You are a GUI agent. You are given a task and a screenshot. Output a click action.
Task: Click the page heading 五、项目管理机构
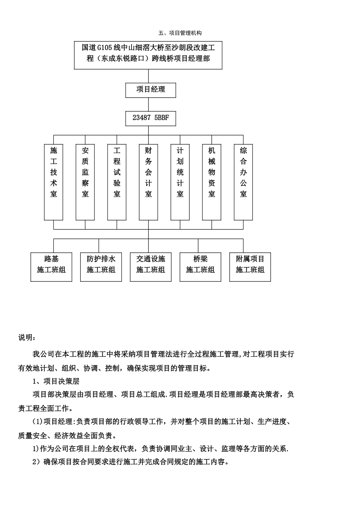pyautogui.click(x=180, y=33)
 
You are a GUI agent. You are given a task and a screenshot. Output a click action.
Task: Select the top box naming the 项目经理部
pyautogui.click(x=148, y=55)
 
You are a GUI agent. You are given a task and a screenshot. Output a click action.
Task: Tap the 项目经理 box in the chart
pyautogui.click(x=150, y=90)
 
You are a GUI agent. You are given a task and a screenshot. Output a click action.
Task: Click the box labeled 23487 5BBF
pyautogui.click(x=150, y=118)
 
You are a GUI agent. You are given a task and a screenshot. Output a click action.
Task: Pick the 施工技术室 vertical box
pyautogui.click(x=54, y=182)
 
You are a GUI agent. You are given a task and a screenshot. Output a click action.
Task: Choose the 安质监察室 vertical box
pyautogui.click(x=85, y=182)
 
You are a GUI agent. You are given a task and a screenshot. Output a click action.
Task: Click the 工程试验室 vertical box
pyautogui.click(x=117, y=182)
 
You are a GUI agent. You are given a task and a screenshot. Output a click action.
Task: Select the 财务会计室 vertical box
pyautogui.click(x=149, y=182)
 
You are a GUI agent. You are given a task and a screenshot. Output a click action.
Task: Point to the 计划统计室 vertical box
pyautogui.click(x=180, y=182)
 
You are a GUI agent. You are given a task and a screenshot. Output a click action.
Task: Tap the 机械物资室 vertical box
pyautogui.click(x=211, y=182)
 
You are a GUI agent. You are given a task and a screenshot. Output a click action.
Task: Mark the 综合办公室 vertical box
pyautogui.click(x=243, y=182)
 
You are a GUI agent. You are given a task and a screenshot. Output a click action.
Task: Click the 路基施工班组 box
pyautogui.click(x=51, y=267)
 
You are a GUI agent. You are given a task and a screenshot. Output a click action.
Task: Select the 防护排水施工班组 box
pyautogui.click(x=101, y=267)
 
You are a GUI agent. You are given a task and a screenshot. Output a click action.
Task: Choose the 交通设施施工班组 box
pyautogui.click(x=150, y=267)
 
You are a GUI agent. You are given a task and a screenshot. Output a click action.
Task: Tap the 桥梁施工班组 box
pyautogui.click(x=200, y=267)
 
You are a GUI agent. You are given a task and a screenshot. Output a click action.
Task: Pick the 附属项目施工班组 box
pyautogui.click(x=250, y=267)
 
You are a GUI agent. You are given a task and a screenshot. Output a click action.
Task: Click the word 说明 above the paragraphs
pyautogui.click(x=28, y=337)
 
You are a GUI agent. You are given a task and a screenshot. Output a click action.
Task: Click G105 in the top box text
pyautogui.click(x=105, y=48)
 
